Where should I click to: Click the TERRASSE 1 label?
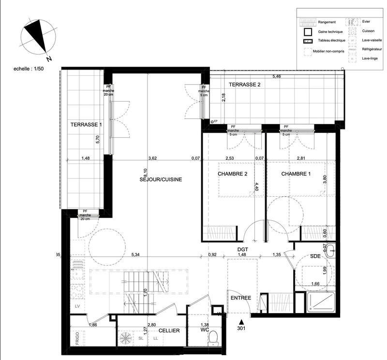(x=87, y=124)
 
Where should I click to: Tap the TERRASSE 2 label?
(x=244, y=85)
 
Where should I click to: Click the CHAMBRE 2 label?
(x=233, y=174)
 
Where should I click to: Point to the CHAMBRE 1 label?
(x=296, y=174)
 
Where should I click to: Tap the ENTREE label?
(x=240, y=298)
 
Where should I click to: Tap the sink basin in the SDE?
(x=331, y=250)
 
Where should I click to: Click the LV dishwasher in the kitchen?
(x=76, y=306)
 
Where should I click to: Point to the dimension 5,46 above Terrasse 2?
(x=276, y=76)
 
